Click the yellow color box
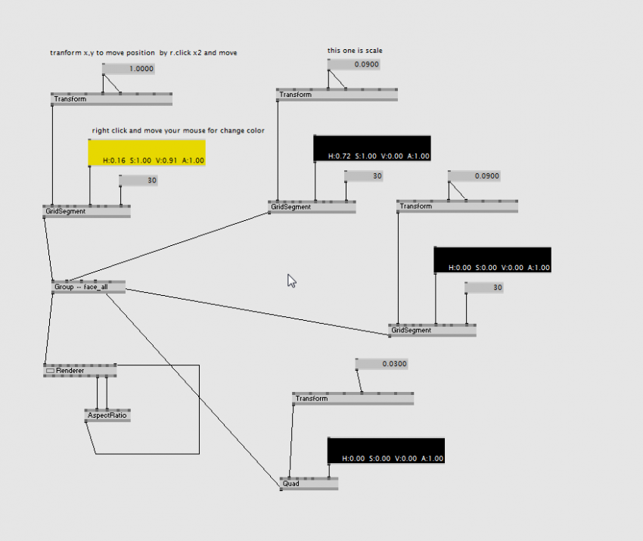point(147,152)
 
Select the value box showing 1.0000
point(129,69)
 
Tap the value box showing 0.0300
point(382,364)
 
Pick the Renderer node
point(80,371)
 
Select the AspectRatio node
point(107,415)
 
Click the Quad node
point(309,483)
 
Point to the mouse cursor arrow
point(291,280)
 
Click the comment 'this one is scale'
point(355,51)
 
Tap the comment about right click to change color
point(179,131)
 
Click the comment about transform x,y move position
point(148,53)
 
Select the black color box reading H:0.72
point(371,148)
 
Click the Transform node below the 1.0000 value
point(111,99)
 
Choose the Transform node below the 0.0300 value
point(353,399)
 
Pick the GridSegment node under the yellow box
point(86,211)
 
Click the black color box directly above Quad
point(386,450)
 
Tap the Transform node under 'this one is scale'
point(337,95)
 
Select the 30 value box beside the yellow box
point(138,180)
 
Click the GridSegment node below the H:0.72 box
point(312,207)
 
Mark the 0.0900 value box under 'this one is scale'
point(353,65)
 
